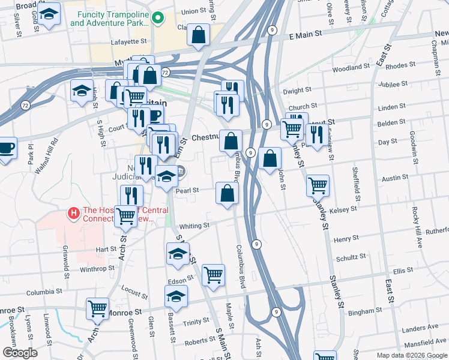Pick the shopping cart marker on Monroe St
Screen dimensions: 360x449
point(97,308)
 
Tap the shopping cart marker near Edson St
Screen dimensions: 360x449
point(213,275)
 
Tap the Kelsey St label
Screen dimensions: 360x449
point(343,209)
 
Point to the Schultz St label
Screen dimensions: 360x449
point(351,257)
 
